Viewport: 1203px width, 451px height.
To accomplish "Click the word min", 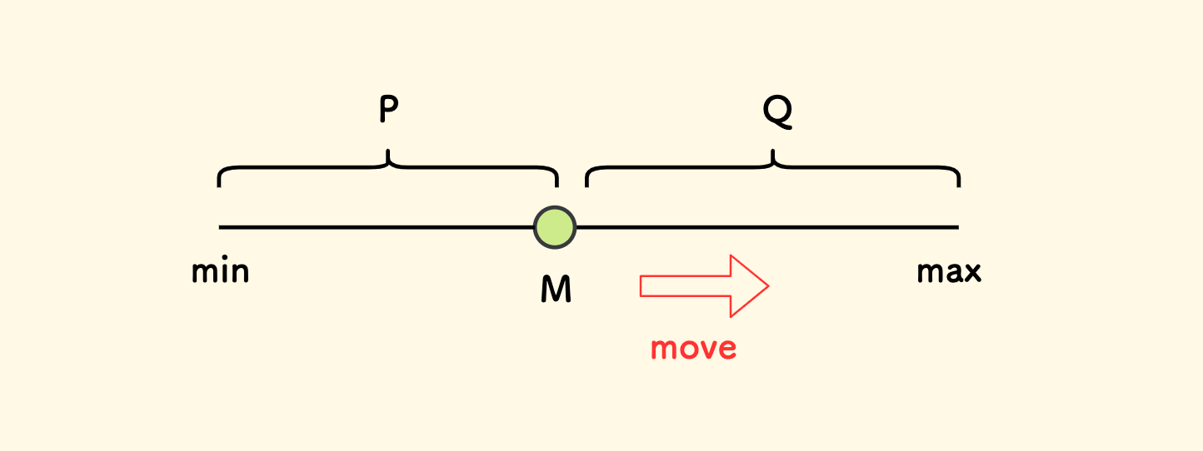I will click(x=221, y=271).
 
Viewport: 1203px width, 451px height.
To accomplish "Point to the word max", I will click(x=949, y=271).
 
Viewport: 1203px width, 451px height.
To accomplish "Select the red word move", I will click(x=693, y=347).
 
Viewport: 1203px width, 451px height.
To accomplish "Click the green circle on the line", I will click(x=555, y=226).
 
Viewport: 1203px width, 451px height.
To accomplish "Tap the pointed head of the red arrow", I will click(x=753, y=285).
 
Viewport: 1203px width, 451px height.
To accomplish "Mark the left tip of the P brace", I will click(x=219, y=186).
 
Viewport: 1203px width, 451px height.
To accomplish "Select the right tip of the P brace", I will click(x=557, y=186).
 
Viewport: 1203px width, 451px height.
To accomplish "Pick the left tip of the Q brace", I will click(x=587, y=186).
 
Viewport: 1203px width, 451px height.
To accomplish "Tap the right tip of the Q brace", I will click(x=959, y=186).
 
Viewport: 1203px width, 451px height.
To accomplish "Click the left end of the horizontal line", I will click(x=221, y=226).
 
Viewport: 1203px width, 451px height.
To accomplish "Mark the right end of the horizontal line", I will click(x=957, y=226).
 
